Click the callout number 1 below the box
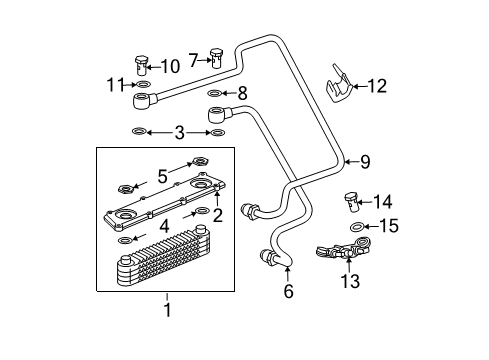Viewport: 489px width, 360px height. pyautogui.click(x=167, y=309)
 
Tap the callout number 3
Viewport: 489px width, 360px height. pyautogui.click(x=179, y=132)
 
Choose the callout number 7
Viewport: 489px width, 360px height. pyautogui.click(x=193, y=59)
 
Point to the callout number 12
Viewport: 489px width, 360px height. pyautogui.click(x=376, y=86)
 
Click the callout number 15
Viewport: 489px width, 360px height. pyautogui.click(x=390, y=227)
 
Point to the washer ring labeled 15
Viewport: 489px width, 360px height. pyautogui.click(x=358, y=228)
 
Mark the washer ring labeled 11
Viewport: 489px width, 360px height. pyautogui.click(x=142, y=86)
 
